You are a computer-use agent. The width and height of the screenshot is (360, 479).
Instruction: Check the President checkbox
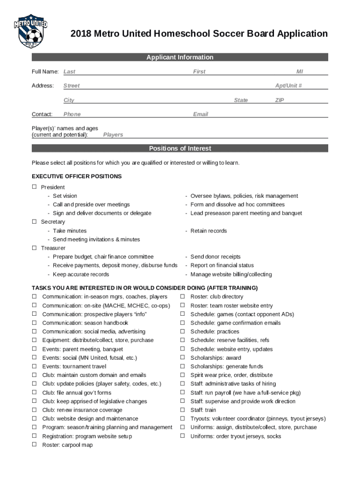tap(34, 187)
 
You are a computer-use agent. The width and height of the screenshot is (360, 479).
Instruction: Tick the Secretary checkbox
tap(34, 222)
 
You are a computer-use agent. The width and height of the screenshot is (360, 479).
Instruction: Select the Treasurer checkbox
tap(34, 248)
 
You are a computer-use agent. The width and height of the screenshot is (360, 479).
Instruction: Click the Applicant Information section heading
tap(180, 58)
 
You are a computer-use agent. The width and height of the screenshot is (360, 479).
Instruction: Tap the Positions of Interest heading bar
tap(180, 149)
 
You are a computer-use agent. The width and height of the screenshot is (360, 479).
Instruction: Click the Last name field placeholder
tap(69, 72)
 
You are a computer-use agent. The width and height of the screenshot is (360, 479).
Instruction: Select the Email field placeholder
tap(200, 115)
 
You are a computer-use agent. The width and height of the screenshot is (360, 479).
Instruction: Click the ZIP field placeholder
tap(280, 101)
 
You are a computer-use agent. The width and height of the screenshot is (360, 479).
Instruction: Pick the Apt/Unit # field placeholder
tap(288, 86)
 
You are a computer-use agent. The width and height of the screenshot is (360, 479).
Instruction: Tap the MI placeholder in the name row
tap(299, 72)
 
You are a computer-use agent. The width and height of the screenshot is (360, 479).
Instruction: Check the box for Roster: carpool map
tap(34, 445)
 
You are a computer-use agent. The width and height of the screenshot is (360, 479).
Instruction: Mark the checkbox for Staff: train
tap(182, 410)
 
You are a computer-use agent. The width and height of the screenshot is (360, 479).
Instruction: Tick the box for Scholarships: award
tap(182, 358)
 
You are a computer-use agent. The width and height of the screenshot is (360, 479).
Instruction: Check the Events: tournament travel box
tap(34, 366)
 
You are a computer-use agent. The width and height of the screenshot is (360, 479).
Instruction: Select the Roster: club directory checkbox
tap(182, 297)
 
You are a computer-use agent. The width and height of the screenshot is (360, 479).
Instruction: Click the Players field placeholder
tap(113, 135)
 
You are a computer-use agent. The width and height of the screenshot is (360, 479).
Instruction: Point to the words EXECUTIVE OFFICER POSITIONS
tap(77, 176)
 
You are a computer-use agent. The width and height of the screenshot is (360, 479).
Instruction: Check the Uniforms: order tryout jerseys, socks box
tap(182, 436)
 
